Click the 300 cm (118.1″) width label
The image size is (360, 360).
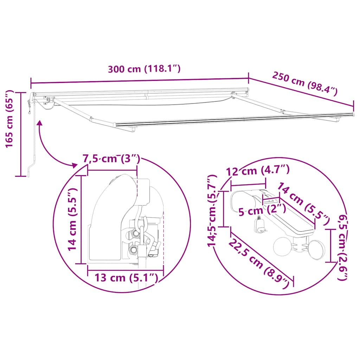click(144, 69)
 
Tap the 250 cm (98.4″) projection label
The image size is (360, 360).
click(304, 84)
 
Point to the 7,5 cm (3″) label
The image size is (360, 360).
click(111, 159)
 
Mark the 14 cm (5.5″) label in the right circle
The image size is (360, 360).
click(303, 204)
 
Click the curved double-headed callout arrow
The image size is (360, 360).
click(49, 148)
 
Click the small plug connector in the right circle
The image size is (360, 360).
click(260, 225)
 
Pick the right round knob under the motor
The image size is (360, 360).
click(317, 249)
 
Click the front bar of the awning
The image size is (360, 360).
click(232, 119)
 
